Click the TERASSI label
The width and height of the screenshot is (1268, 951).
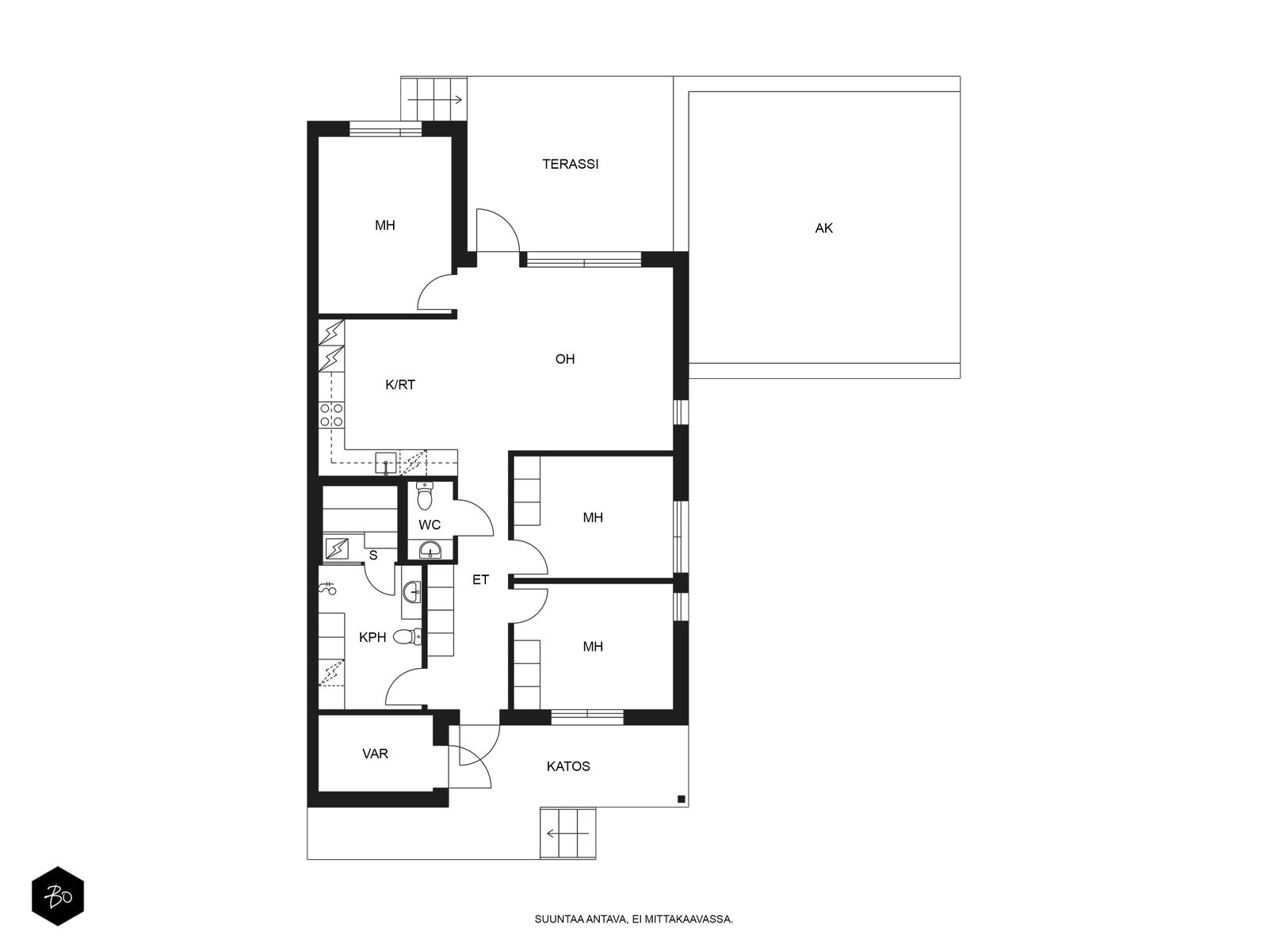[x=570, y=164]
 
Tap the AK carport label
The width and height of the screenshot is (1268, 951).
[x=823, y=228]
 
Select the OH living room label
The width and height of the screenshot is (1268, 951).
[x=564, y=359]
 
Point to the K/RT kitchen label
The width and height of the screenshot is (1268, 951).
[x=399, y=384]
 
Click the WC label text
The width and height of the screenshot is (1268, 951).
[x=430, y=525]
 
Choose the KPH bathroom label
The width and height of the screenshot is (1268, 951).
[x=372, y=637]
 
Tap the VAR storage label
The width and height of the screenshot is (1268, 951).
[x=375, y=754]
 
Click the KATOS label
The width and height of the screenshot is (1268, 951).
[x=568, y=766]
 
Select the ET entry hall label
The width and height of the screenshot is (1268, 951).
[x=480, y=580]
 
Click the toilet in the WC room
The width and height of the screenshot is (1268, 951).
[x=425, y=496]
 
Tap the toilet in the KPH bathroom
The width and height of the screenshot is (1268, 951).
[x=407, y=637]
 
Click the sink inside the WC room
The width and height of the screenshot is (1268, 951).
[x=430, y=550]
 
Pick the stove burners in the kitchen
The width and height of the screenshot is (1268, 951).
[x=331, y=416]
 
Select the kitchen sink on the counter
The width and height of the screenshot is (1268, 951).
[x=385, y=463]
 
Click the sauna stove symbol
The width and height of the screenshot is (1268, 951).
[x=337, y=548]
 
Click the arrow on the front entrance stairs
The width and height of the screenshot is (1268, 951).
[x=567, y=833]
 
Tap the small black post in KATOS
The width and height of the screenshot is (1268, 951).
[x=681, y=799]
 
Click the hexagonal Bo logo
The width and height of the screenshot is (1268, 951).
[x=58, y=896]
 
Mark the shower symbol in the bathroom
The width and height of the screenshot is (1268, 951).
[x=327, y=588]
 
